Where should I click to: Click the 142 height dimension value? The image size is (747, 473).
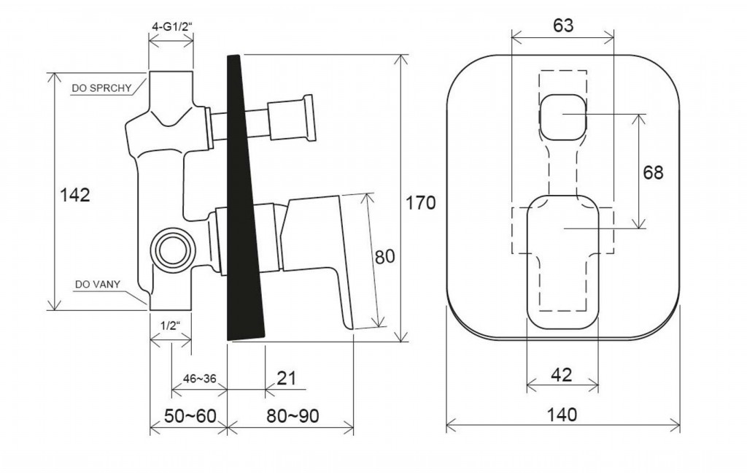pyautogui.click(x=75, y=195)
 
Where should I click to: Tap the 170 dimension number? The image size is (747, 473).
pyautogui.click(x=421, y=203)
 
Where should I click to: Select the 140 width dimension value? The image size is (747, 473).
pyautogui.click(x=562, y=415)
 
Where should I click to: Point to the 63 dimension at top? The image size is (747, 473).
pyautogui.click(x=563, y=26)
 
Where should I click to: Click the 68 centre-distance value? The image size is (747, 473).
pyautogui.click(x=653, y=172)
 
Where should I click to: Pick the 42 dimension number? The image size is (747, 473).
pyautogui.click(x=561, y=375)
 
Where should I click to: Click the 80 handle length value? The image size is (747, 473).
pyautogui.click(x=385, y=256)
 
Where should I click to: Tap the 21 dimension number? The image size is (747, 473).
pyautogui.click(x=286, y=378)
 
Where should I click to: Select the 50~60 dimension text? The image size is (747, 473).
pyautogui.click(x=190, y=416)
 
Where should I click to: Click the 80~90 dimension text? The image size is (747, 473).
pyautogui.click(x=293, y=416)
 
